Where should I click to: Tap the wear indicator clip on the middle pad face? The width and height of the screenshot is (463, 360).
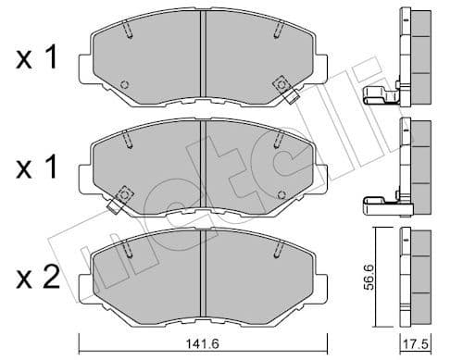(x=122, y=196)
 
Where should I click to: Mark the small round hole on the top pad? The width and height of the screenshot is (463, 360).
(x=125, y=84)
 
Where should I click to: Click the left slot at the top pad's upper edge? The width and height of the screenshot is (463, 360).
(x=131, y=29)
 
